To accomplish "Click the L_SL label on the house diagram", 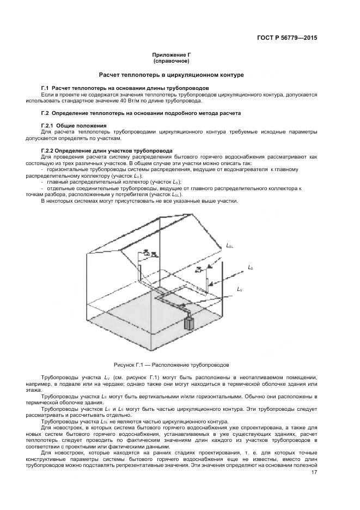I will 230,246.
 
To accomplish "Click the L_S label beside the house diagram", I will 250,267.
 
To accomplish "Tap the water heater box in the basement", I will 189,324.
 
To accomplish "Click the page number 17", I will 314,472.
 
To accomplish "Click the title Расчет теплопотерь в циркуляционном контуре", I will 171,74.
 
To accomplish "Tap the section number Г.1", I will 46,88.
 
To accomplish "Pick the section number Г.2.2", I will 50,150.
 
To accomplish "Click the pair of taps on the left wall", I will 149,253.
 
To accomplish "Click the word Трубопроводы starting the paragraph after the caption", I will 60,377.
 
